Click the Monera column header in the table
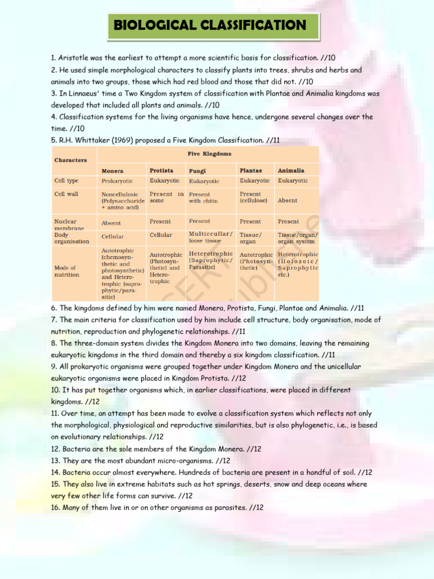click(x=112, y=171)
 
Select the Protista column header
click(x=161, y=170)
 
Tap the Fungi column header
click(x=197, y=171)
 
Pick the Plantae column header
click(x=250, y=170)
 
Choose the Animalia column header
click(x=291, y=170)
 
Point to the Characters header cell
click(x=71, y=160)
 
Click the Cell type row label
click(x=66, y=181)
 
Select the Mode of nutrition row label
click(x=65, y=271)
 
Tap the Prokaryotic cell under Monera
click(x=117, y=181)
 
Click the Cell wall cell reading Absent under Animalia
click(x=288, y=200)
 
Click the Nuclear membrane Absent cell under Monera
click(x=111, y=223)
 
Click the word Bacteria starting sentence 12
click(x=76, y=449)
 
